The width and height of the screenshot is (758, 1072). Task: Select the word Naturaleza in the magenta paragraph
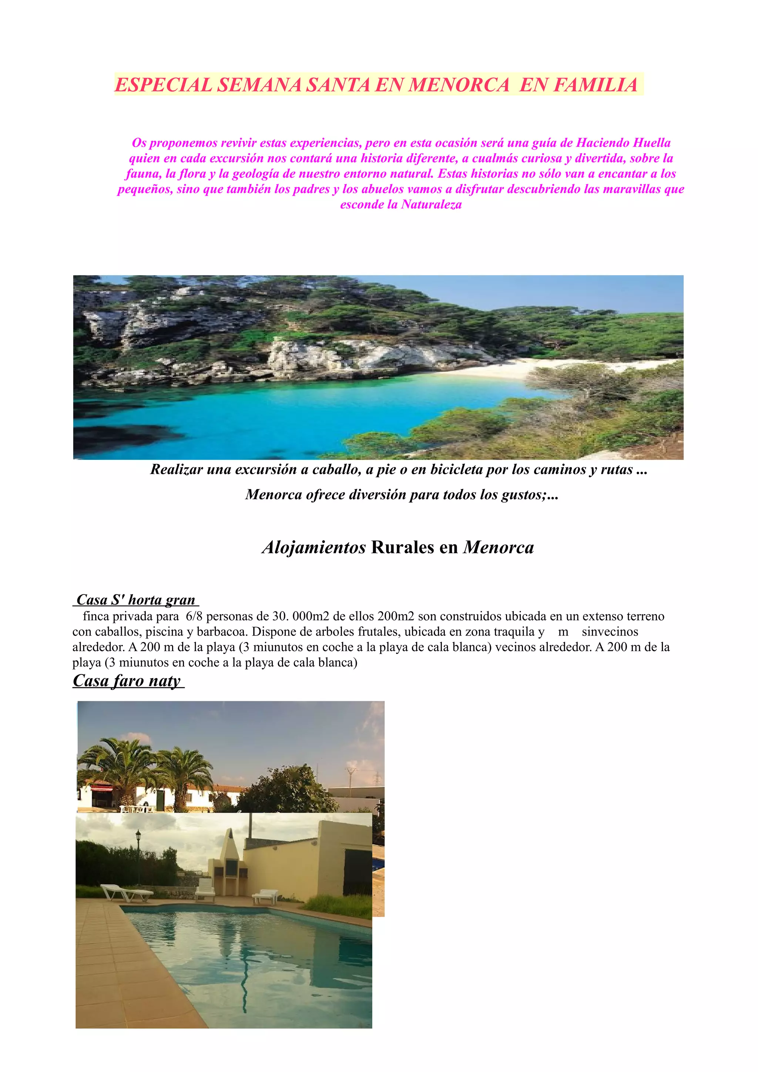tap(431, 205)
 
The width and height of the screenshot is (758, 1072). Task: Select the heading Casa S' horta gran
tap(135, 600)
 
